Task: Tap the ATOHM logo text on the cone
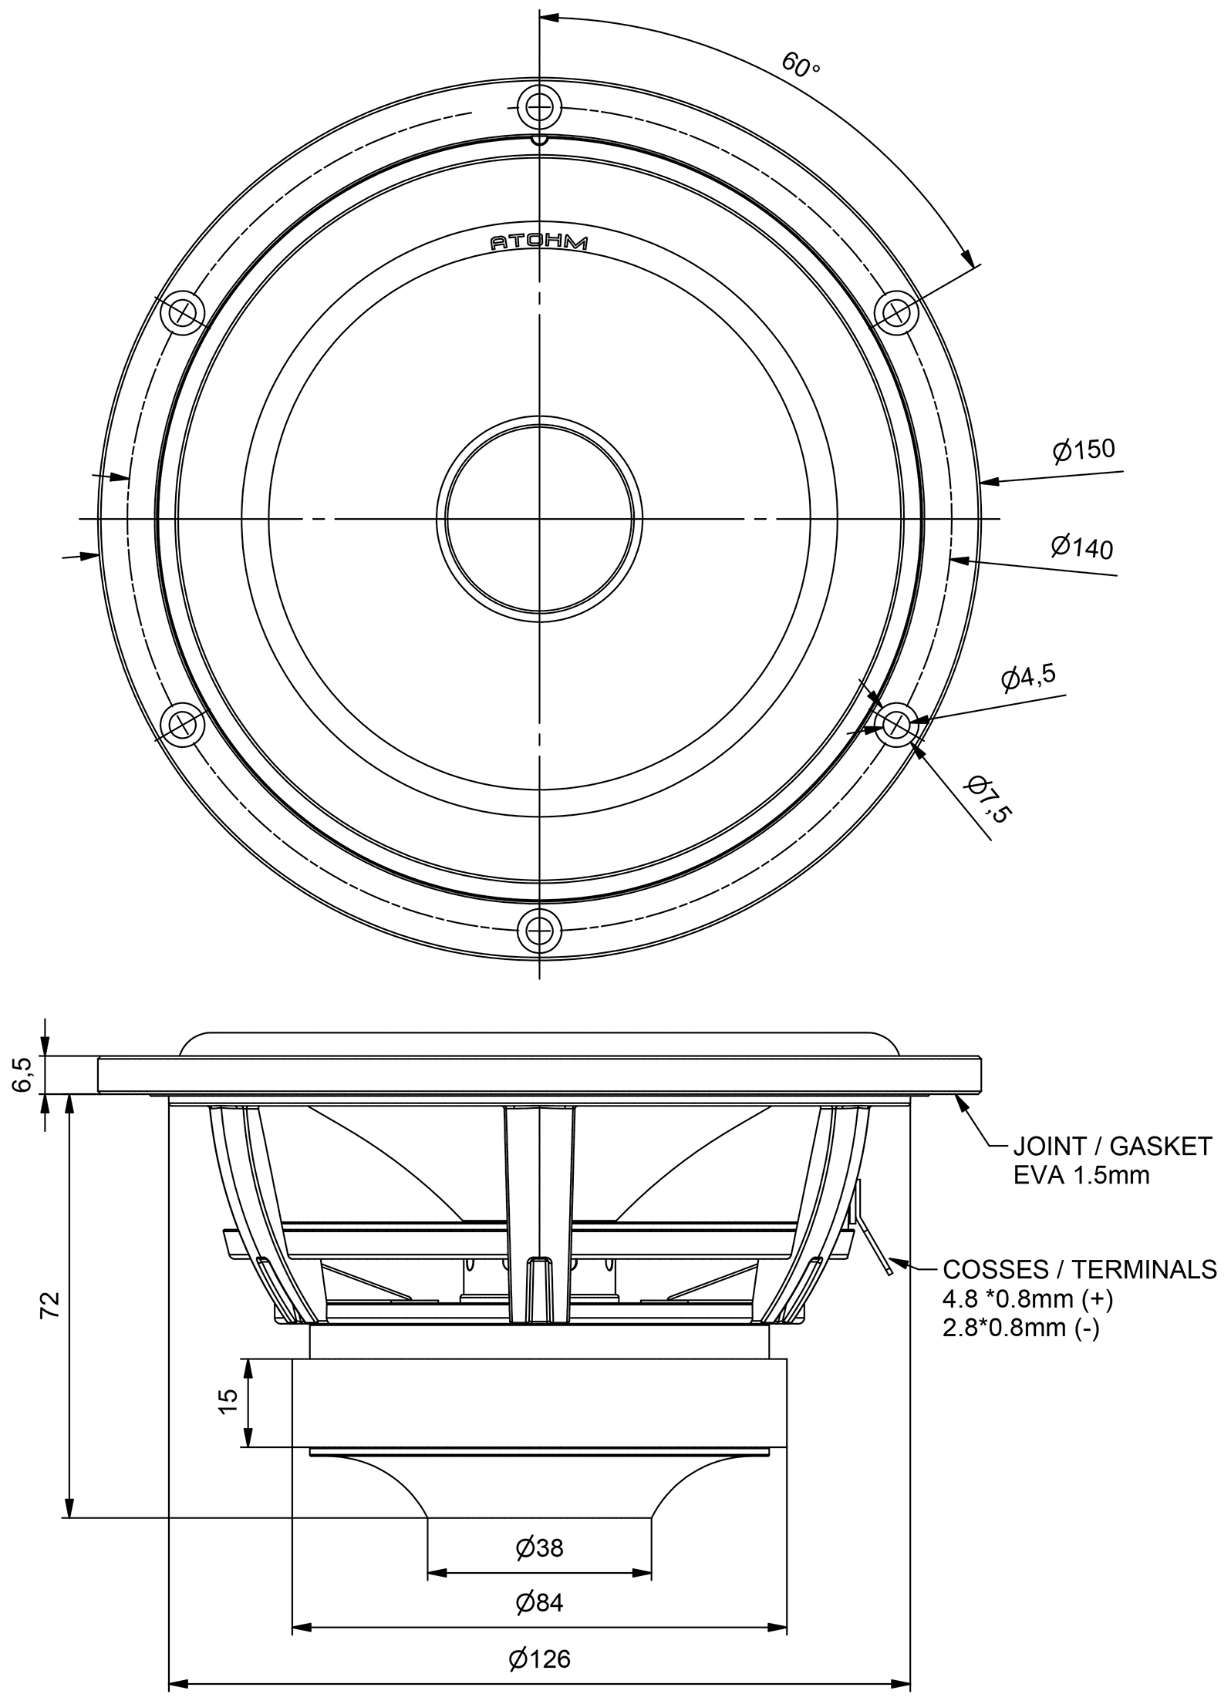click(539, 243)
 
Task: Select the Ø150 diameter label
click(1084, 450)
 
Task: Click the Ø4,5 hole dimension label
click(1028, 676)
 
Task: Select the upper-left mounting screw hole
click(183, 312)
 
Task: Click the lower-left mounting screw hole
click(183, 724)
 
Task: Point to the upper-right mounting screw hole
click(896, 312)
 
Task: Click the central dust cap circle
click(539, 518)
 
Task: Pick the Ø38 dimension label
click(539, 1547)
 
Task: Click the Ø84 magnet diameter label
click(539, 1602)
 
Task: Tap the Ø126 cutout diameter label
click(539, 1658)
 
